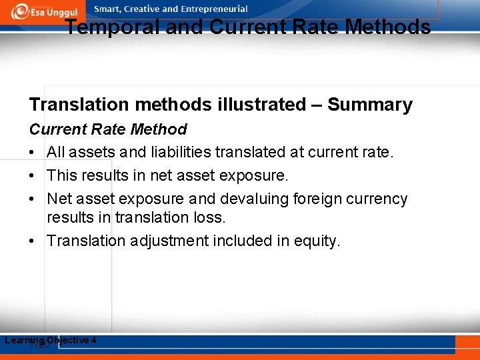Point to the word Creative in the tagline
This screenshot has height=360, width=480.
click(141, 9)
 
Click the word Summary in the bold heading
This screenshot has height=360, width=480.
click(370, 105)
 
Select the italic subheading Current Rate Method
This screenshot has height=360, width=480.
click(108, 129)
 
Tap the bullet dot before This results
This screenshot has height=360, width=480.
click(33, 176)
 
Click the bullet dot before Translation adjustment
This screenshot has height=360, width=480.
click(33, 241)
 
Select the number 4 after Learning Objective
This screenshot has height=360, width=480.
click(93, 340)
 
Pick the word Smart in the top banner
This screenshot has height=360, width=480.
click(108, 9)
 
